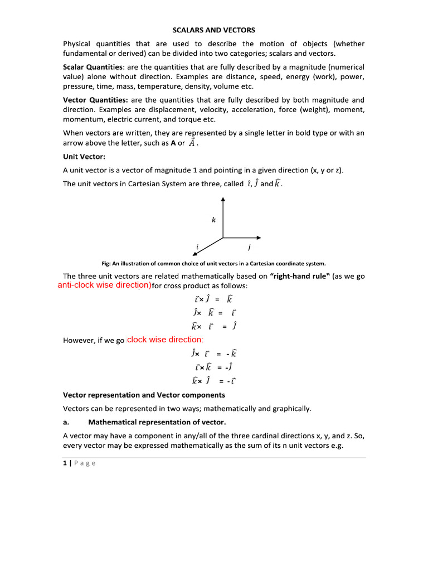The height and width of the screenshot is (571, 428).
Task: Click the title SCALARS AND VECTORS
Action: pyautogui.click(x=214, y=30)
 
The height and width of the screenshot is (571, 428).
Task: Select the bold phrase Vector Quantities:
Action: pyautogui.click(x=94, y=100)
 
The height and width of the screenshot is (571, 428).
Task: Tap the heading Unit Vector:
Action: pyautogui.click(x=84, y=157)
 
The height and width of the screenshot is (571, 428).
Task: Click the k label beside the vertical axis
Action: pyautogui.click(x=213, y=220)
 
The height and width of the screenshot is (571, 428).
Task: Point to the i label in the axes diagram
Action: pyautogui.click(x=197, y=246)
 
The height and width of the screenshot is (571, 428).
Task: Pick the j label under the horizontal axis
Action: pyautogui.click(x=249, y=247)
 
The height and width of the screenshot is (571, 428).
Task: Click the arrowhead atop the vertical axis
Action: pyautogui.click(x=223, y=199)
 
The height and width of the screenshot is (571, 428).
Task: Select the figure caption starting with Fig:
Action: pyautogui.click(x=214, y=263)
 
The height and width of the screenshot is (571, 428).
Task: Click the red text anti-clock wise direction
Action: pyautogui.click(x=104, y=285)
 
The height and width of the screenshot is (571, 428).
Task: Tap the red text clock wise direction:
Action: pyautogui.click(x=166, y=340)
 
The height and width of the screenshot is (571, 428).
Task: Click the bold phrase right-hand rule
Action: pyautogui.click(x=299, y=276)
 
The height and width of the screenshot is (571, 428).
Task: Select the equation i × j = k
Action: pyautogui.click(x=213, y=299)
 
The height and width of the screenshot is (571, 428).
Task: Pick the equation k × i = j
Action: pyautogui.click(x=213, y=326)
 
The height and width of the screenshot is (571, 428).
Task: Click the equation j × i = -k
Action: pyautogui.click(x=213, y=353)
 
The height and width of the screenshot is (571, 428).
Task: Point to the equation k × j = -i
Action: pyautogui.click(x=213, y=381)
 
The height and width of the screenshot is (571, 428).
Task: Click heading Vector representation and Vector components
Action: pyautogui.click(x=144, y=395)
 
